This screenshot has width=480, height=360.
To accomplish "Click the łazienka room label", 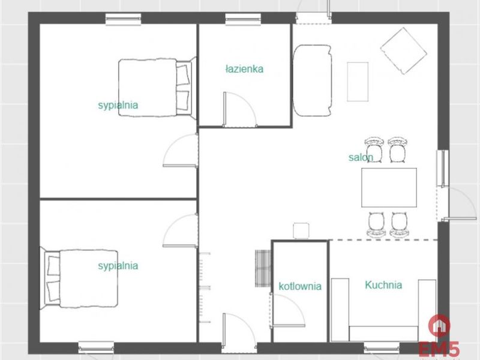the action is coord(244,69).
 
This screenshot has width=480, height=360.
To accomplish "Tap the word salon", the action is coord(361,157).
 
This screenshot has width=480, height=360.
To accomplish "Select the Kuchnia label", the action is coord(383,285).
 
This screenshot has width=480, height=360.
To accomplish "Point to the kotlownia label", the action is coord(300,286).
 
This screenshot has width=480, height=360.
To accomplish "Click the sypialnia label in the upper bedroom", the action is coord(118,105).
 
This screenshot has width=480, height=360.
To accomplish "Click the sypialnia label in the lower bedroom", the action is coord(118,266).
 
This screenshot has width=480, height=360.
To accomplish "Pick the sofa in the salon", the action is coord(312,80).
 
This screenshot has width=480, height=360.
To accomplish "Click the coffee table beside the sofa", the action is coord(358,82).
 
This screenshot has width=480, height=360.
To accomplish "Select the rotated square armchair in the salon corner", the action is coord(403,50).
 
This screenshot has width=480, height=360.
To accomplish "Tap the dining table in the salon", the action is coord(389,187).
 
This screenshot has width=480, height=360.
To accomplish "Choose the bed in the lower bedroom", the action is coord(79,278).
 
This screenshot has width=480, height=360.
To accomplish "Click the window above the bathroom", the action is coord(244,19).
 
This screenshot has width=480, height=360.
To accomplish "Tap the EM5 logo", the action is coord(439,336).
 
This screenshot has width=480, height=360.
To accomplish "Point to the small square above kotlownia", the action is coord(301,231).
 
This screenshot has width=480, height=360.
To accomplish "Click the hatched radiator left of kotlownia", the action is coord(263,268).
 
